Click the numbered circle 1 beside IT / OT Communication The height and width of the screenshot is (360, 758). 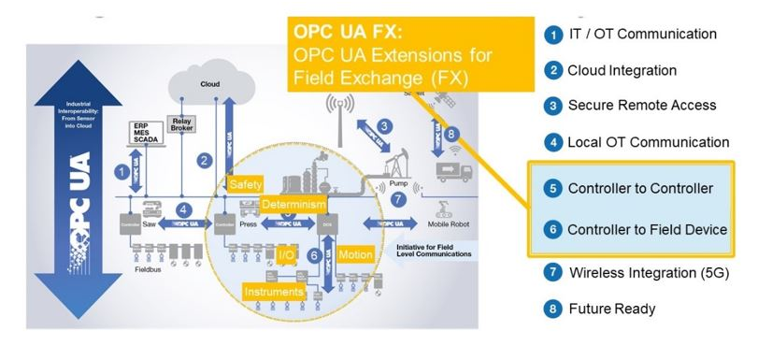point(552,35)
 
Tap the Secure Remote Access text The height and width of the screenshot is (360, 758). point(641,106)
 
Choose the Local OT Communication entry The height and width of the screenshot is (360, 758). point(648,142)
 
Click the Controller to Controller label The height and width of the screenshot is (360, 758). point(640,189)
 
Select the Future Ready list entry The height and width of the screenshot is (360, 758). point(611,309)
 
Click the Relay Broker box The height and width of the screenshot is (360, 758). point(180,126)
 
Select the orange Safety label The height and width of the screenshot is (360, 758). point(245,183)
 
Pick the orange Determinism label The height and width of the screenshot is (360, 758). point(293,205)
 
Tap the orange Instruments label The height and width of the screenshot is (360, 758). point(274,293)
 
